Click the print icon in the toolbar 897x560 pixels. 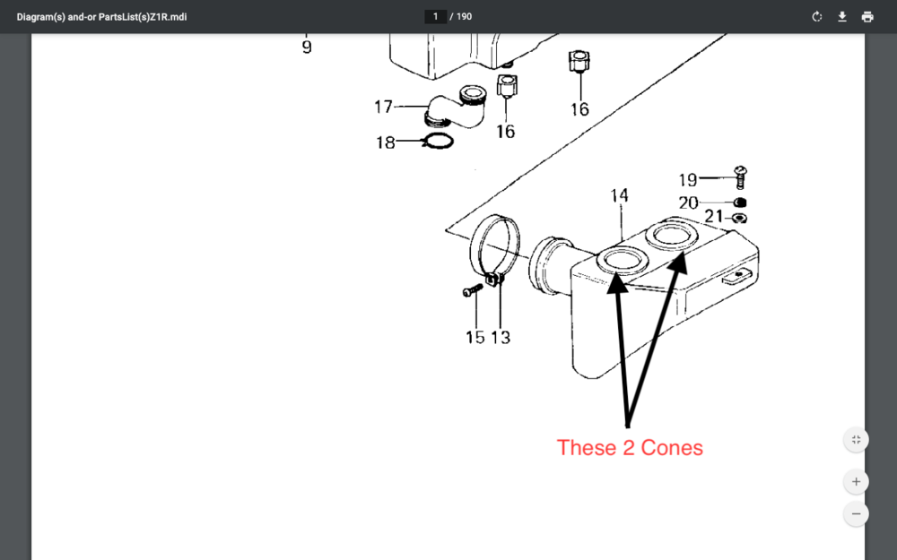point(867,16)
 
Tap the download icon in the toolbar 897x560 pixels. point(842,16)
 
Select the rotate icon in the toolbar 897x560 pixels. point(817,16)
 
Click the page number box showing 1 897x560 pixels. point(435,16)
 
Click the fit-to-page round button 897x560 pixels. point(856,439)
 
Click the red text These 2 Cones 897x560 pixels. point(630,447)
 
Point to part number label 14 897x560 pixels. point(619,195)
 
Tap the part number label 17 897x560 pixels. point(383,107)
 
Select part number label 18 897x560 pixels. point(386,142)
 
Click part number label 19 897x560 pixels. point(688,180)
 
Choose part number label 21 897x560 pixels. point(714,216)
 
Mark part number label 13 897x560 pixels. point(501,337)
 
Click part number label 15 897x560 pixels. point(475,337)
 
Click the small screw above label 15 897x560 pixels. point(472,290)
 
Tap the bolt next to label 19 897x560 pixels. point(740,177)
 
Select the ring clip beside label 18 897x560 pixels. point(438,141)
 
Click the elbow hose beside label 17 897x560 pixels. point(456,108)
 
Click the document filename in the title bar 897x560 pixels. point(102,16)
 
